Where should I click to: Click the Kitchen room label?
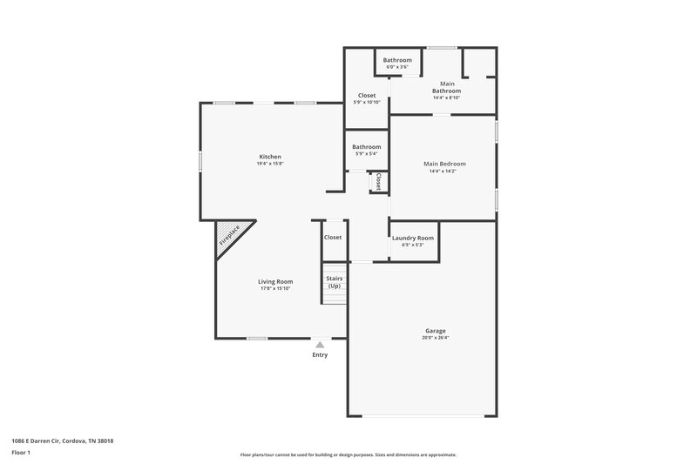tap(269, 157)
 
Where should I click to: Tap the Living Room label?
tap(274, 281)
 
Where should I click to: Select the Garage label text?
tap(436, 331)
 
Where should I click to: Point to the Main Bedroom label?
tap(444, 164)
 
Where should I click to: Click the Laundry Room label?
tap(412, 238)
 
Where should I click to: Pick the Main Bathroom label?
tap(446, 87)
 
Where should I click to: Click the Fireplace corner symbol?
tap(230, 237)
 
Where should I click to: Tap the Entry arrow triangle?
tap(320, 345)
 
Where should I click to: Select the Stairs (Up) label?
tap(334, 282)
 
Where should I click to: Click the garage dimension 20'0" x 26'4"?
tap(436, 338)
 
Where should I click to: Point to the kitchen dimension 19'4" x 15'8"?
tap(269, 164)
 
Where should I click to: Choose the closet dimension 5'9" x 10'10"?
tap(366, 103)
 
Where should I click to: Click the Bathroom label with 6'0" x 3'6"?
tap(397, 60)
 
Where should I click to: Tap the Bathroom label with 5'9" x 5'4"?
tap(366, 147)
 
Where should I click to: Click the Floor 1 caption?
tap(22, 454)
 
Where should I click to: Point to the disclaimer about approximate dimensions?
tap(348, 454)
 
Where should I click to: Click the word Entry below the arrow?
tap(320, 355)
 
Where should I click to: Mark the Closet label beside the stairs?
tap(333, 237)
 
